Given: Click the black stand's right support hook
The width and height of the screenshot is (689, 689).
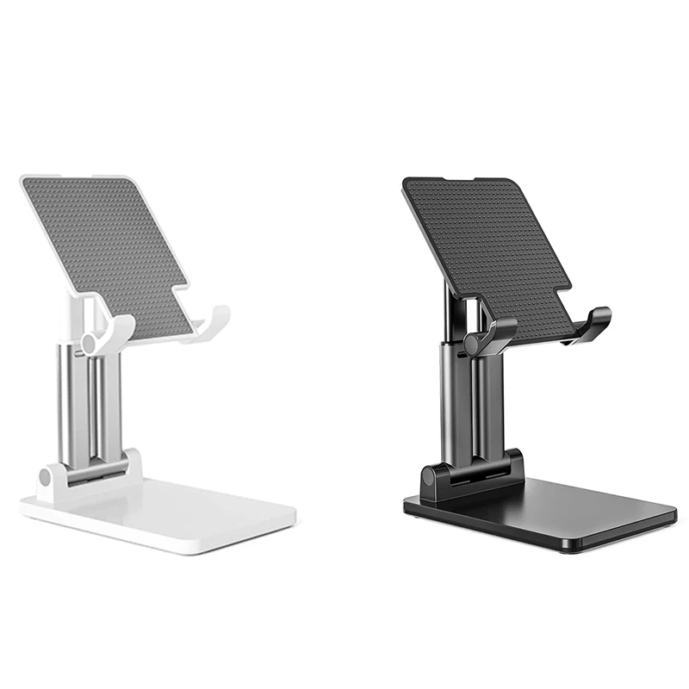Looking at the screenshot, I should [595, 323].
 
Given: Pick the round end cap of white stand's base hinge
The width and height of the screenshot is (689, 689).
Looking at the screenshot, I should [48, 476].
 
